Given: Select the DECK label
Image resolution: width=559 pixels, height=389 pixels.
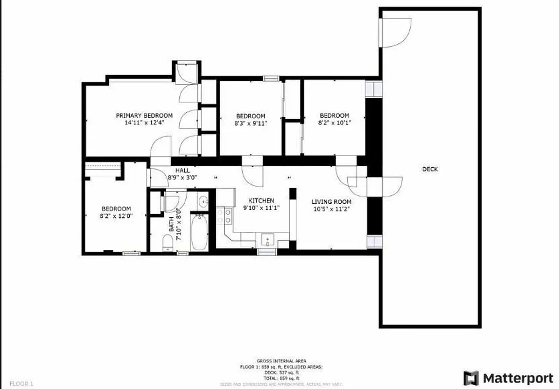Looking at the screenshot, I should [x=430, y=169].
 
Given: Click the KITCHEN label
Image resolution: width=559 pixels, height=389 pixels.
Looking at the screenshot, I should [x=261, y=200].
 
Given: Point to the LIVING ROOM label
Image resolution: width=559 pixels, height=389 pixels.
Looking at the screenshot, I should [x=331, y=202].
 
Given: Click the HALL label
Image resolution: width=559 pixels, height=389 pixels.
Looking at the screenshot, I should [x=183, y=171].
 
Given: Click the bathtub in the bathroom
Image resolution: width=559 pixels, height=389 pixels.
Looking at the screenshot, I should [x=199, y=232].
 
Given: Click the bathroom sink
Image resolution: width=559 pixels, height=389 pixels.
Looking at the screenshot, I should [x=204, y=201].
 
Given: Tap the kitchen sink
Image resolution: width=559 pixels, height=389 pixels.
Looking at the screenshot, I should [x=268, y=240].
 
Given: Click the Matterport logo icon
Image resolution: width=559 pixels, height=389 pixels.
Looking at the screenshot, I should [x=471, y=378].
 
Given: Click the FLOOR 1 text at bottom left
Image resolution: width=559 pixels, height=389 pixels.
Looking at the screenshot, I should [x=21, y=384].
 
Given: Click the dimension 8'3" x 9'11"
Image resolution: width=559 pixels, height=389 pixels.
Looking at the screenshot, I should [x=251, y=123].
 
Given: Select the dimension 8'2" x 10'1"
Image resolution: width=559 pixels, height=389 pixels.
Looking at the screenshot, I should [x=335, y=123].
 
